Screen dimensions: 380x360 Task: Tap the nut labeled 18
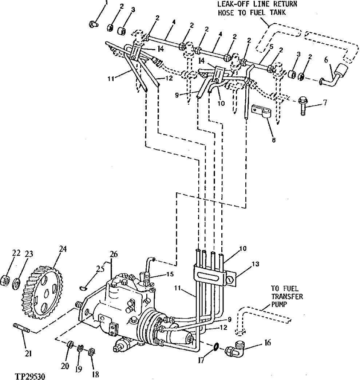pyautogui.click(x=92, y=352)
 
